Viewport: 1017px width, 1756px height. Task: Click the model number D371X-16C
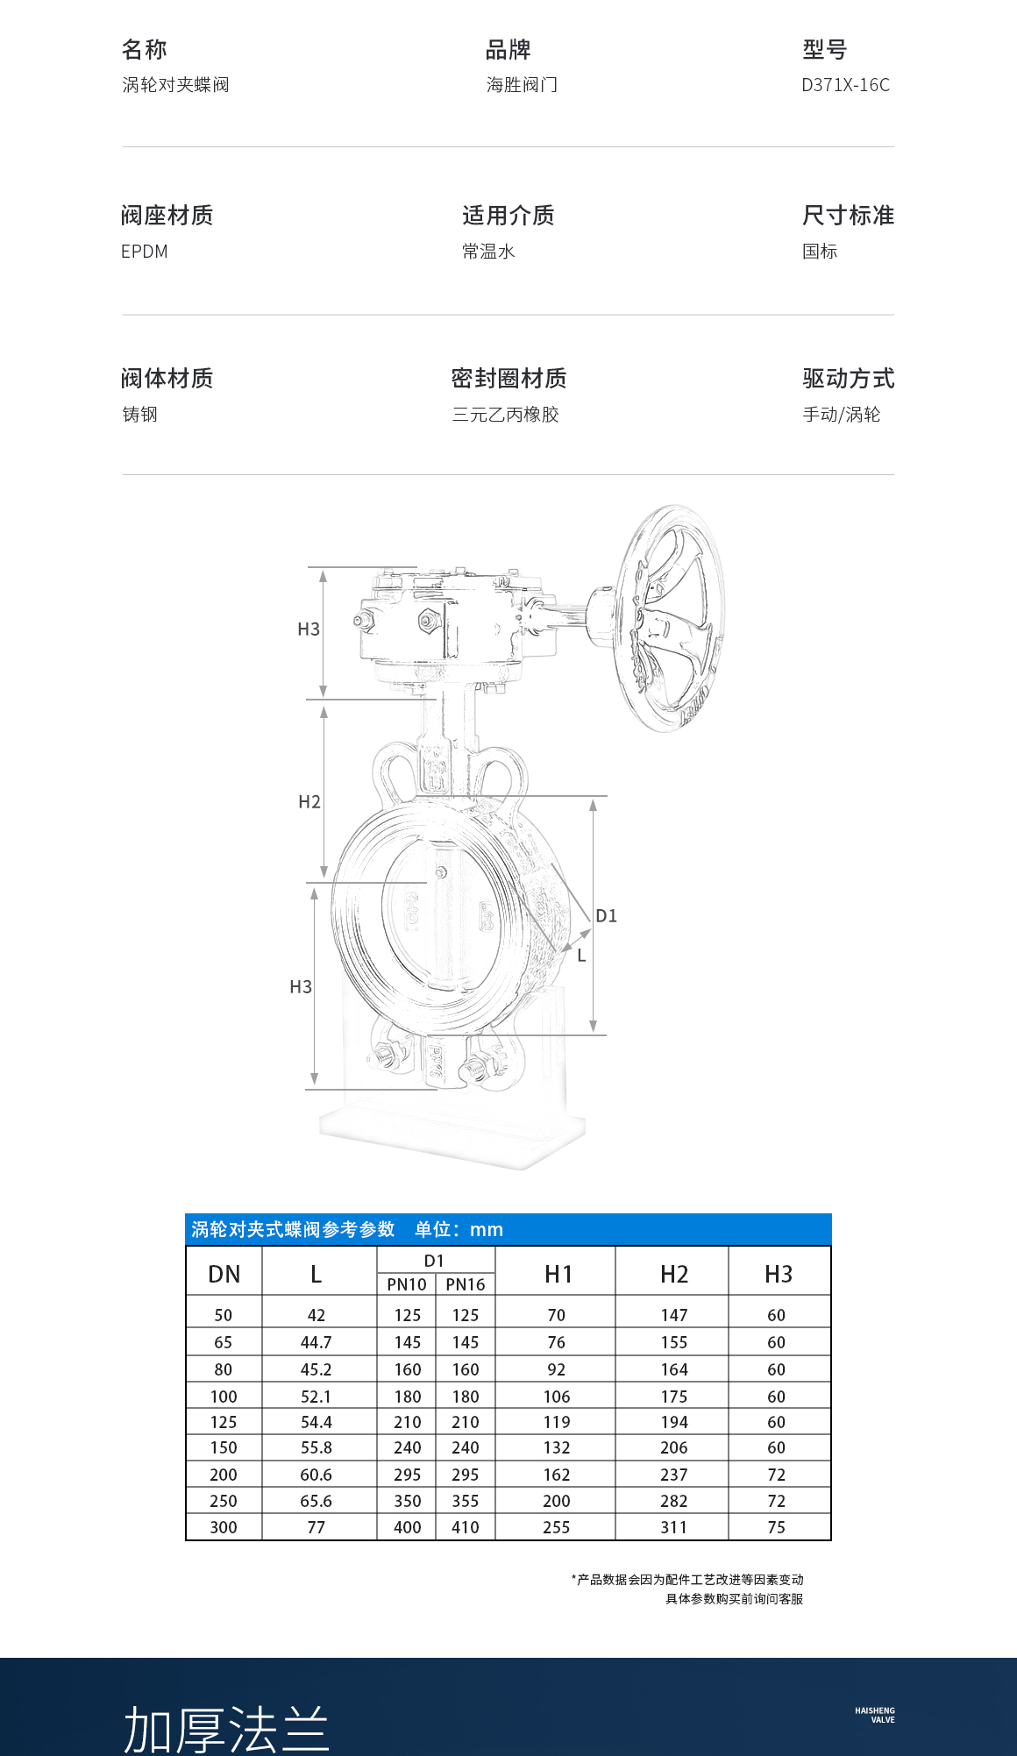(845, 85)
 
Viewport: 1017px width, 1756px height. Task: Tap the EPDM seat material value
(145, 252)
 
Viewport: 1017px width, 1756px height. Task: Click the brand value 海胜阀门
(522, 85)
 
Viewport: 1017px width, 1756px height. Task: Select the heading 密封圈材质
(508, 379)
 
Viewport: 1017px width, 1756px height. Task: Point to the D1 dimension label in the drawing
(606, 916)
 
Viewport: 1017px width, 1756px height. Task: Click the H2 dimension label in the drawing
(309, 802)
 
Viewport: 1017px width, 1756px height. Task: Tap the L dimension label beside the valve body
(581, 956)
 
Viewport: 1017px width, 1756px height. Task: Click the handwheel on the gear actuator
(671, 618)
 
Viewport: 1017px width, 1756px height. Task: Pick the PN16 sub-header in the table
(465, 1284)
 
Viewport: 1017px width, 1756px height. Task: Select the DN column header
(224, 1274)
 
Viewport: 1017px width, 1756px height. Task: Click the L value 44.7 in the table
(316, 1342)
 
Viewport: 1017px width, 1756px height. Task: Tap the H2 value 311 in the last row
(673, 1527)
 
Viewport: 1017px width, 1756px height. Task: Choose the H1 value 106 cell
(556, 1397)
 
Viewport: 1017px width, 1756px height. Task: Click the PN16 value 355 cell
(465, 1501)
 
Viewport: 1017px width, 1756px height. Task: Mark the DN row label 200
(224, 1475)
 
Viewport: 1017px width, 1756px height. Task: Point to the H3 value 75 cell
(776, 1527)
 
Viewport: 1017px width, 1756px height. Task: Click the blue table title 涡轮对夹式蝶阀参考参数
(293, 1229)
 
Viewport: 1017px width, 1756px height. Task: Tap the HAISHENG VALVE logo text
(875, 1715)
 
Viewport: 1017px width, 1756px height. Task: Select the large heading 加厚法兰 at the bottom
(226, 1729)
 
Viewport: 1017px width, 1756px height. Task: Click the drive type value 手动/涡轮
(841, 415)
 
